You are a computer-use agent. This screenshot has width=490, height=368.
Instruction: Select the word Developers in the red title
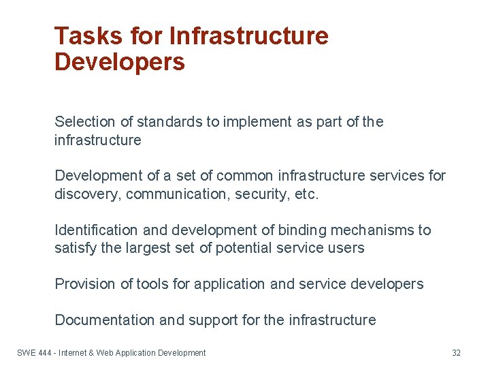(120, 62)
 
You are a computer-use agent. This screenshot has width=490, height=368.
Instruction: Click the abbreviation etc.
(306, 194)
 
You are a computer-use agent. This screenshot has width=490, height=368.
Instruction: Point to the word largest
(150, 248)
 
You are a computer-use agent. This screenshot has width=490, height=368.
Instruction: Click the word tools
(156, 284)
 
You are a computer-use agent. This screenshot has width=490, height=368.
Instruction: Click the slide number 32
(456, 353)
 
